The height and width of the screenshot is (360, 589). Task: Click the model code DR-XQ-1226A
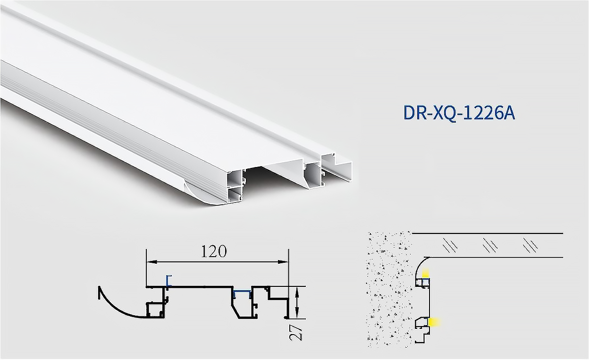(x=459, y=113)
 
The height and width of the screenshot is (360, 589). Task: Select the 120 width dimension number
(x=214, y=251)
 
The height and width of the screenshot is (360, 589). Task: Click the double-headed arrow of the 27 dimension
(x=297, y=302)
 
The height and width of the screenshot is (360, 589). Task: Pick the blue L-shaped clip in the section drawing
(x=168, y=280)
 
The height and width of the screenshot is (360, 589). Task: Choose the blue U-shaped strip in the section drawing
(x=242, y=293)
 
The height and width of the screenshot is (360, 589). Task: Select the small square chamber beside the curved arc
(x=154, y=310)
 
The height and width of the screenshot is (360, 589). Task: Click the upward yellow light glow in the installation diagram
(x=425, y=273)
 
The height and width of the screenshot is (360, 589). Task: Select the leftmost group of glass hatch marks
(x=450, y=246)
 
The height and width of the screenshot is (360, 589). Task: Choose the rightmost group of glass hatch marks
(x=531, y=246)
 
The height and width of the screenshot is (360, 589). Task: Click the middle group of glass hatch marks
(x=490, y=246)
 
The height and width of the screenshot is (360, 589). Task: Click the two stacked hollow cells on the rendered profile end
(x=235, y=186)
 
